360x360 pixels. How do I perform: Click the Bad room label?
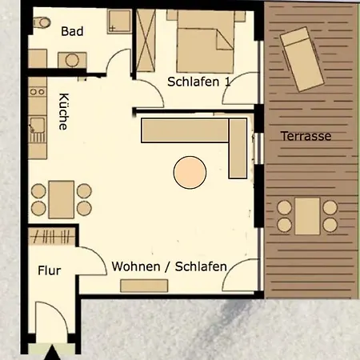click(x=72, y=32)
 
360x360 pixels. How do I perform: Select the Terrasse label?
click(x=306, y=136)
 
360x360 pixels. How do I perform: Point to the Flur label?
click(x=50, y=270)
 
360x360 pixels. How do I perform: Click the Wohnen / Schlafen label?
click(x=169, y=266)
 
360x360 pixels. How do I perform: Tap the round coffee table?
click(x=190, y=172)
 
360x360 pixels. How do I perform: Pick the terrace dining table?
click(x=307, y=215)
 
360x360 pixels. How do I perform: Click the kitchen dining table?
click(x=61, y=198)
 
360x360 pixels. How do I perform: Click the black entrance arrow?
click(x=53, y=352)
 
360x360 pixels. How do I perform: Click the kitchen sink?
click(x=37, y=126)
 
